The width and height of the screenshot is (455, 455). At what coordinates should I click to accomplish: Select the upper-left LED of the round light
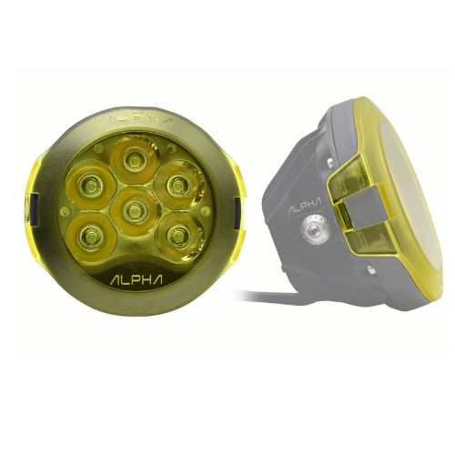90,184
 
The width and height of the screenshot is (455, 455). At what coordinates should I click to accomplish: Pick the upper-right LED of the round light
177,184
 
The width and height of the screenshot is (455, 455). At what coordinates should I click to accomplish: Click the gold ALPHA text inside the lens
136,279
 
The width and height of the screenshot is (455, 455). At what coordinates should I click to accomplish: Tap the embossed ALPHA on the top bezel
138,121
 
